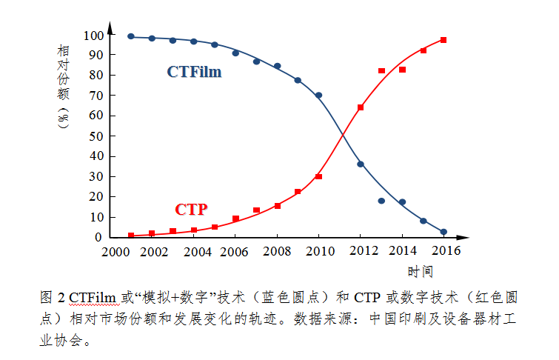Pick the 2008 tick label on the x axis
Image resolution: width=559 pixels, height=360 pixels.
point(277,250)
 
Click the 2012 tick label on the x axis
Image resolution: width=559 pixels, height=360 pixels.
point(361,250)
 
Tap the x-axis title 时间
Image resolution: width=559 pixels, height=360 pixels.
point(420,271)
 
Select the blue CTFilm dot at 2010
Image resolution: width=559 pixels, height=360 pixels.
point(318,96)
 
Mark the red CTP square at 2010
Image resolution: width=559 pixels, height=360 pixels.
point(318,176)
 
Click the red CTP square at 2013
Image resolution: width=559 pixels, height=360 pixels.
point(381,70)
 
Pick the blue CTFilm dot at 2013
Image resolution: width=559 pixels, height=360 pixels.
point(381,201)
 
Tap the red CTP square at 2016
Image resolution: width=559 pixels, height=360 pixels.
point(443,40)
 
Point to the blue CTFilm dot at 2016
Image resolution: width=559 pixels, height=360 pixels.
point(443,232)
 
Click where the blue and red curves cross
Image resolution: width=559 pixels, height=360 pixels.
point(342,136)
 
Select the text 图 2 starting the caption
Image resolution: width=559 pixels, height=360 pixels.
point(51,298)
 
